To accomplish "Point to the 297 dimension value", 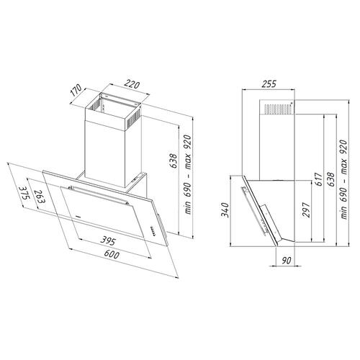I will [x=307, y=209].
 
